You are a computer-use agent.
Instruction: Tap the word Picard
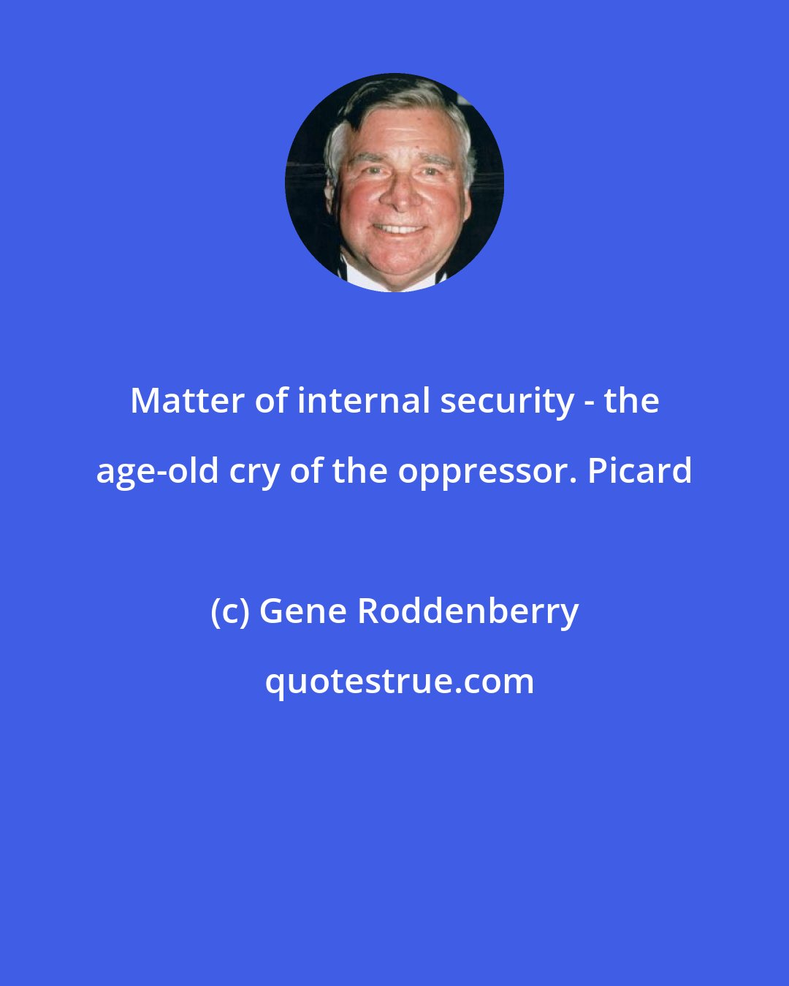(640, 471)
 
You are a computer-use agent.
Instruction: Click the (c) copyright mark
(229, 611)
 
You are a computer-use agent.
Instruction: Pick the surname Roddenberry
(468, 611)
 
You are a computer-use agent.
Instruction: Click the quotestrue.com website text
(399, 681)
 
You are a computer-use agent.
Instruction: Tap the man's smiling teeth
(398, 229)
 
